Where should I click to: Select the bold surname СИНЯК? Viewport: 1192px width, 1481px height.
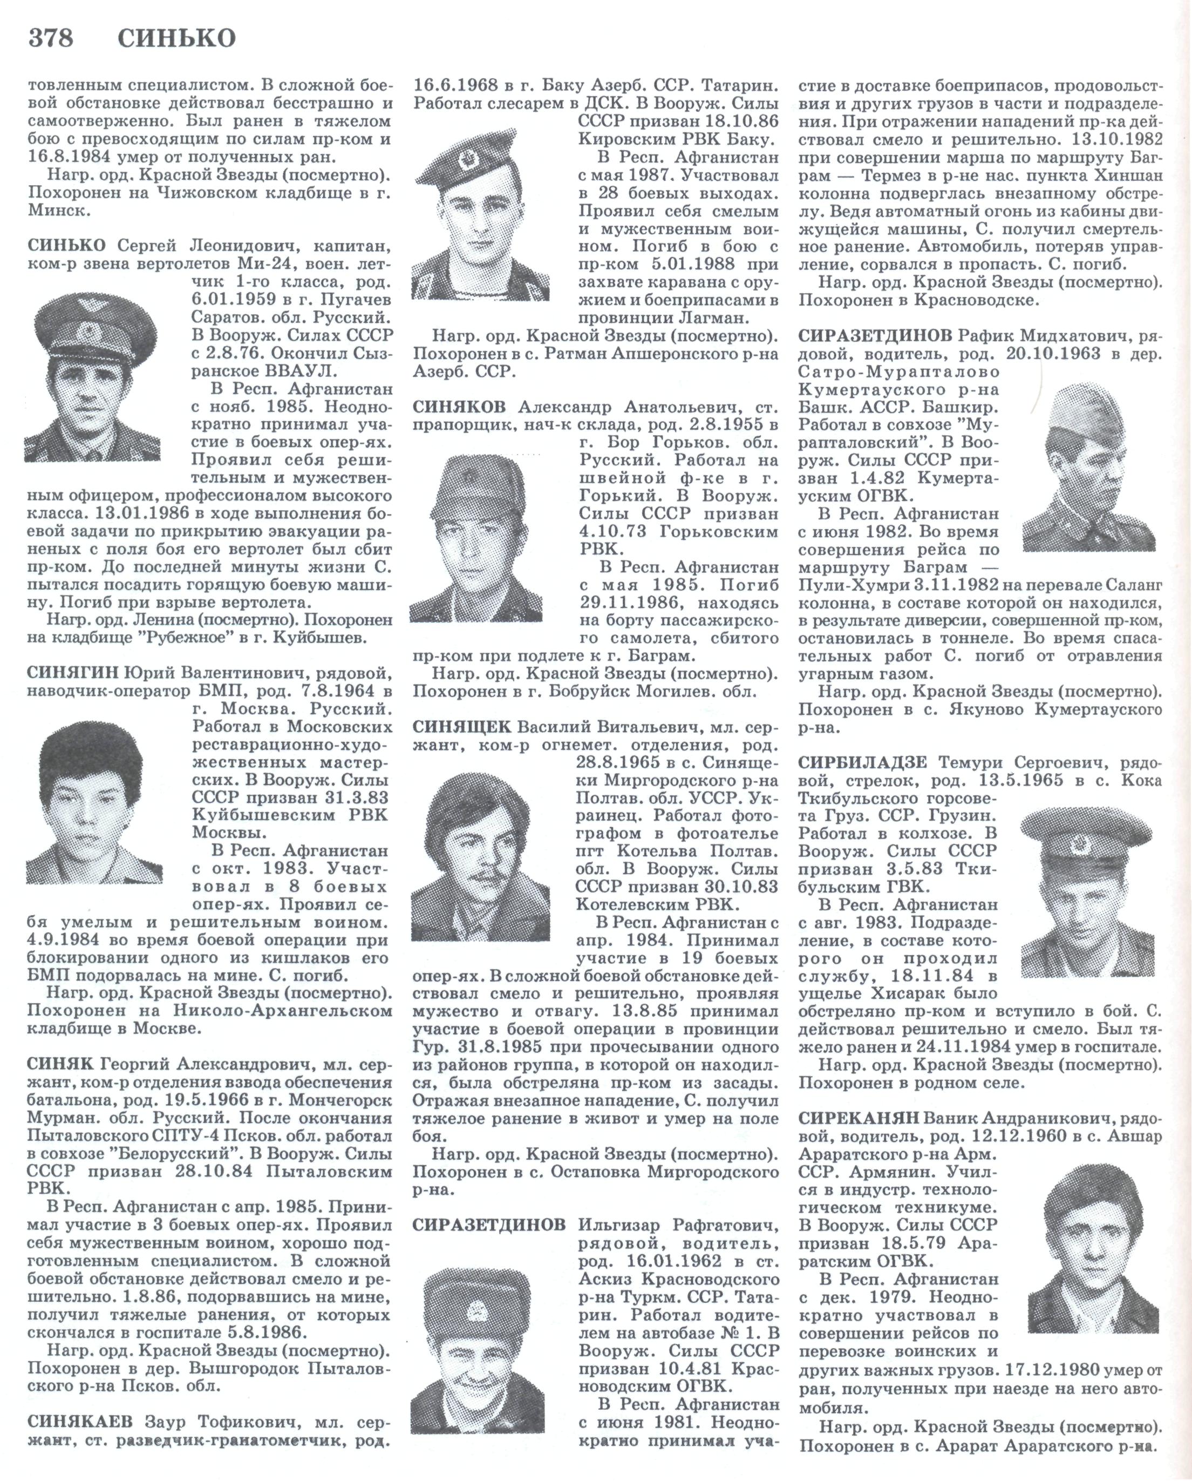[60, 1064]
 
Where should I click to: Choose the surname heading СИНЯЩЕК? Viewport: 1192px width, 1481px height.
[461, 727]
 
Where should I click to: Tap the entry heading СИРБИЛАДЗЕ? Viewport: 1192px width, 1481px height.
[862, 762]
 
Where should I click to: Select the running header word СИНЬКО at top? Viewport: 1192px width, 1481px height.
[176, 38]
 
